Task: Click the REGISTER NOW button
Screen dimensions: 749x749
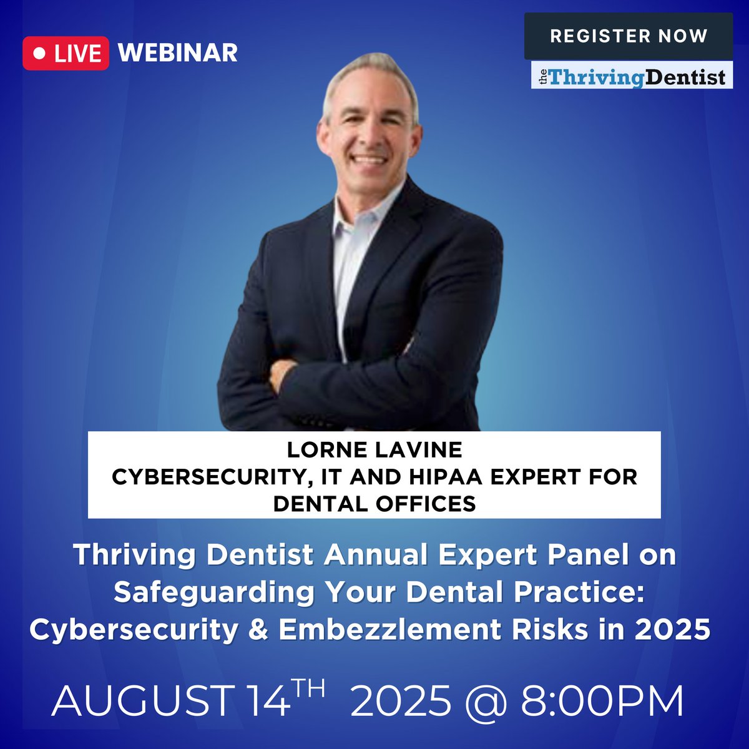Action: [x=628, y=36]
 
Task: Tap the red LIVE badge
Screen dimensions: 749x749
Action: [x=66, y=53]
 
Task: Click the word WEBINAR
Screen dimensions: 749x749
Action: [x=178, y=52]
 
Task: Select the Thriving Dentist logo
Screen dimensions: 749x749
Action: [x=632, y=77]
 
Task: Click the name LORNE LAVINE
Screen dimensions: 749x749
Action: [x=374, y=449]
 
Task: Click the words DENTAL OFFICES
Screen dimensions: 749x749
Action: [x=374, y=503]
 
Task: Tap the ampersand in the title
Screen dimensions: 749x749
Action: [x=258, y=630]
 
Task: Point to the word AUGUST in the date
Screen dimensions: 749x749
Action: [x=142, y=701]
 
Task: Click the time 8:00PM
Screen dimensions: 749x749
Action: [x=602, y=701]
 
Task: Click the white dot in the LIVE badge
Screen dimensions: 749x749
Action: [x=39, y=54]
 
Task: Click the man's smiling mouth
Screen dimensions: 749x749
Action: [x=370, y=159]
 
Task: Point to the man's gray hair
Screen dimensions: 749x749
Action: [x=368, y=69]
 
